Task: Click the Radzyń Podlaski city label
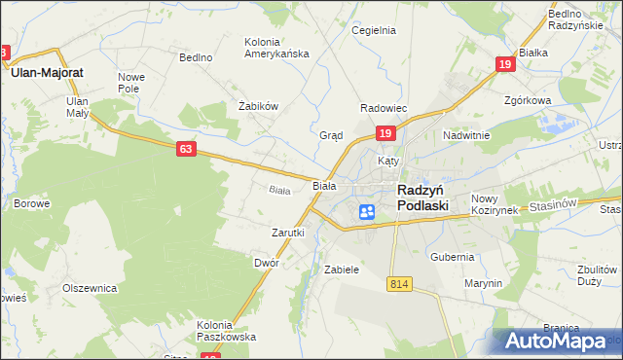(x=422, y=198)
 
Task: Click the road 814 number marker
(x=397, y=283)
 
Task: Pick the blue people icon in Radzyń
(x=366, y=211)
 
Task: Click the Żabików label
(x=259, y=106)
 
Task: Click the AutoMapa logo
(x=557, y=341)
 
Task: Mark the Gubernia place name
(x=454, y=257)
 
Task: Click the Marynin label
(x=483, y=283)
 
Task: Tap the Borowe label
(x=32, y=203)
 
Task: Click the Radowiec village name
(x=384, y=108)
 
